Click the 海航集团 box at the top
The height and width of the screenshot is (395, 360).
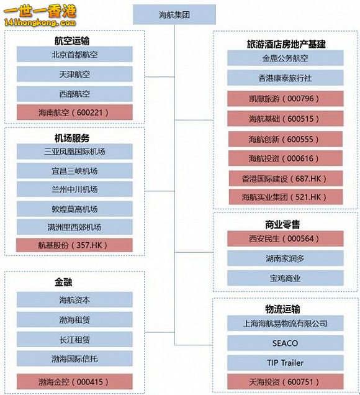click(174, 15)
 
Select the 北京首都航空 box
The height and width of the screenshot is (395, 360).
click(74, 54)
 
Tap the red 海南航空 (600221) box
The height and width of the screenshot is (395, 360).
click(74, 112)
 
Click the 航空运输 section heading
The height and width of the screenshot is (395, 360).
click(72, 40)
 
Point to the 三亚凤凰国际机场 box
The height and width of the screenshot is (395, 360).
click(74, 152)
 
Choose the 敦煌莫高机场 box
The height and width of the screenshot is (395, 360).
click(74, 209)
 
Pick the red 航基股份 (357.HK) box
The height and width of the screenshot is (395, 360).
click(74, 245)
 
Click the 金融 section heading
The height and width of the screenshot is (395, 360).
click(63, 282)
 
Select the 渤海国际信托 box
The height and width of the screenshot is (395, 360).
click(74, 358)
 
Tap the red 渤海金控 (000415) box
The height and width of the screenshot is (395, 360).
click(74, 382)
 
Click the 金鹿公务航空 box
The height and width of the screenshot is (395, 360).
click(286, 58)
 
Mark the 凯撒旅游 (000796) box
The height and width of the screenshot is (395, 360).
click(286, 99)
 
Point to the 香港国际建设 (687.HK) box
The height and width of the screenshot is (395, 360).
click(286, 179)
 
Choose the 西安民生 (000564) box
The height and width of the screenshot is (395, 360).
click(286, 238)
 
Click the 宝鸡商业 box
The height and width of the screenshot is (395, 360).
click(286, 278)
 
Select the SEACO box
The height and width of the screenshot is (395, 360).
click(286, 343)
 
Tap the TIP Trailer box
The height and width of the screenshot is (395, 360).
click(286, 363)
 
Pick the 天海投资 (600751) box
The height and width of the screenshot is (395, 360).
click(286, 382)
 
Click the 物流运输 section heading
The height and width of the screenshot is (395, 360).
click(282, 309)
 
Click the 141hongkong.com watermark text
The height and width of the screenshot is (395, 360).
click(40, 23)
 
